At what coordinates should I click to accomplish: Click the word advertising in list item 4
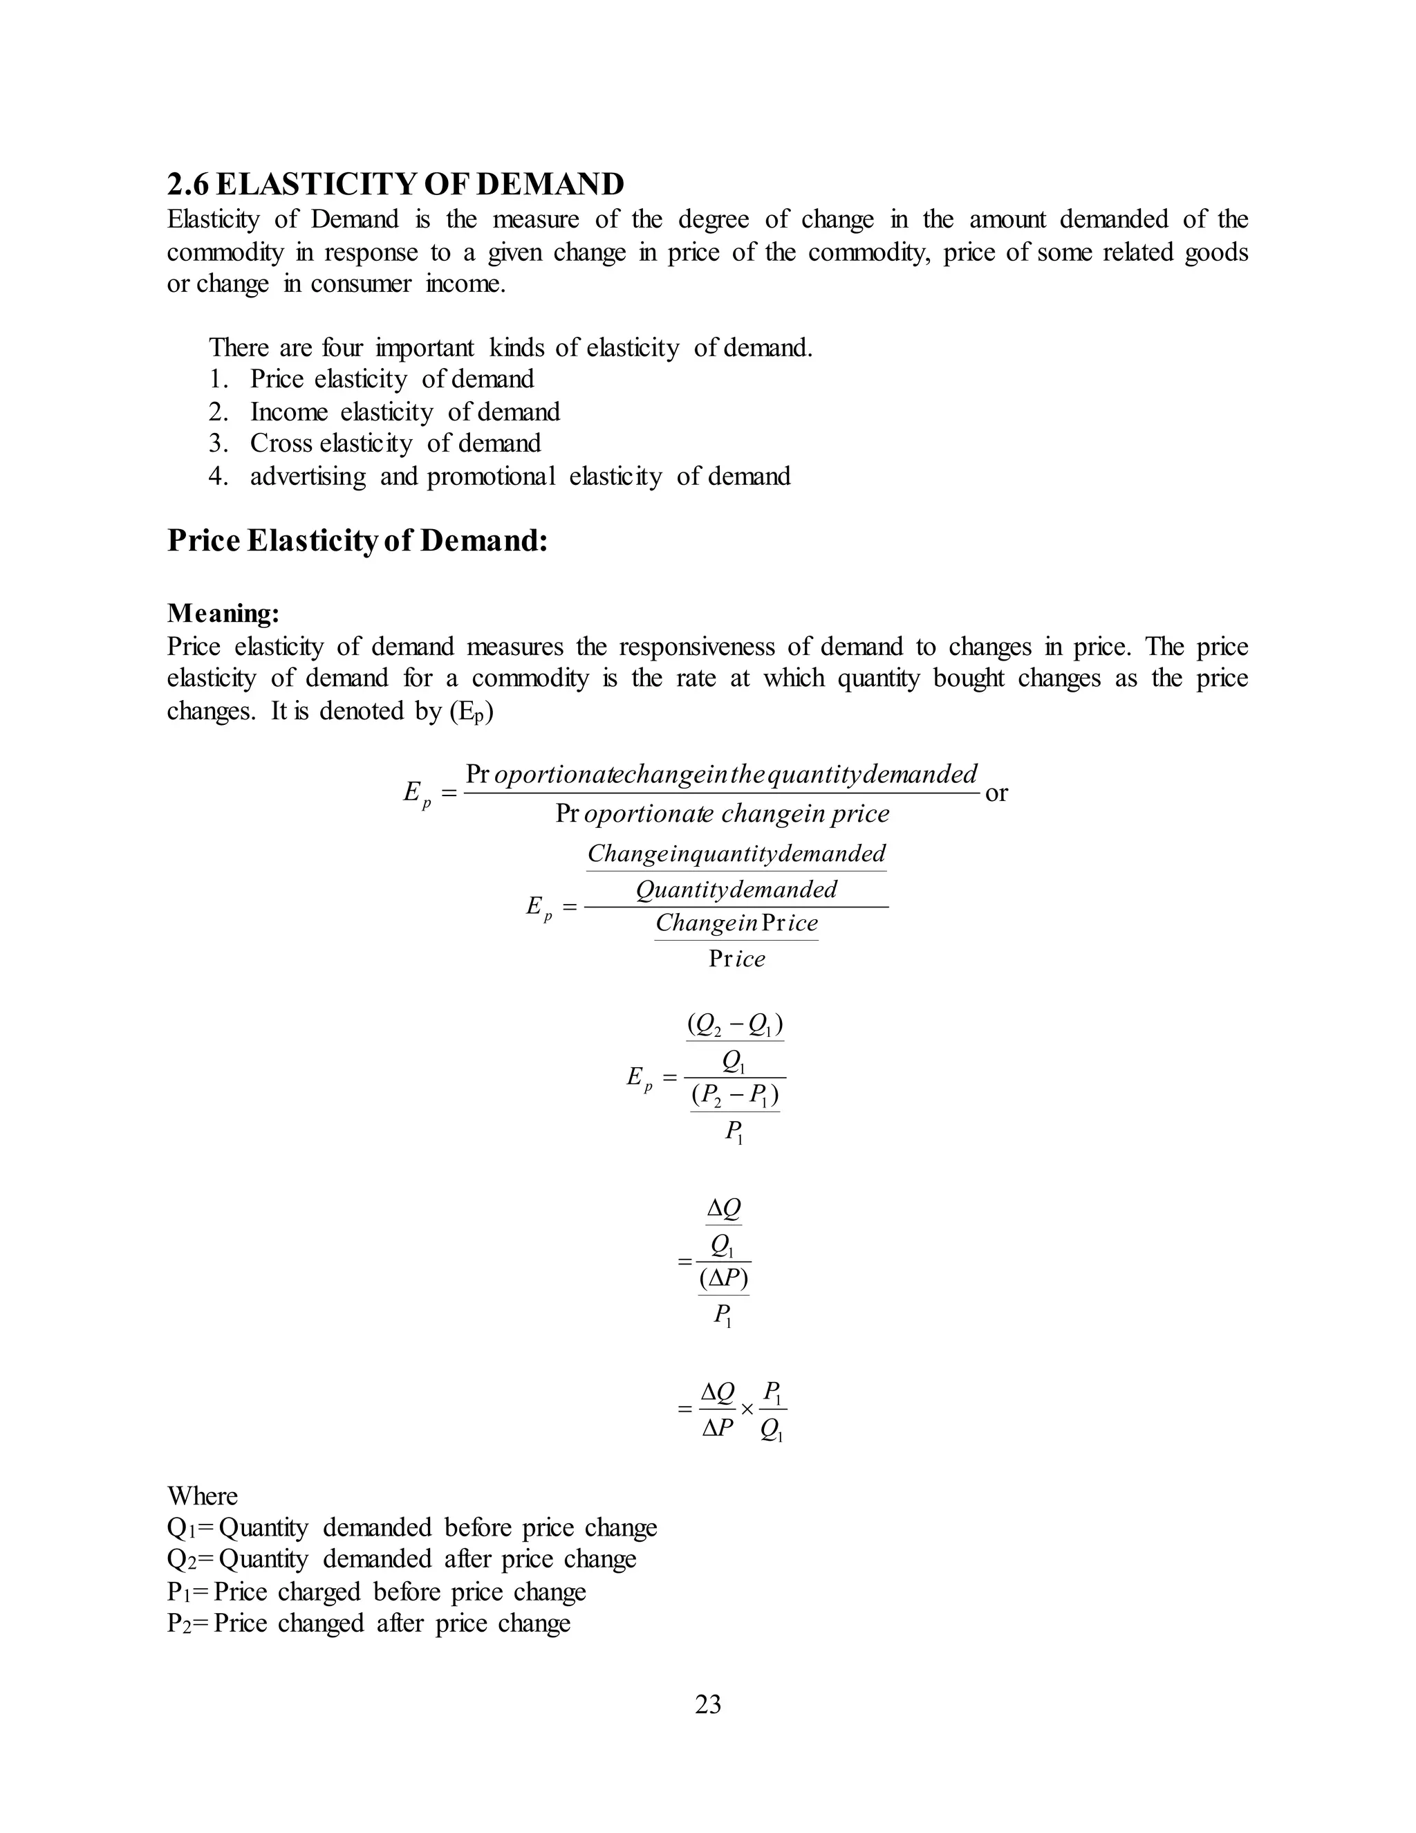tap(308, 477)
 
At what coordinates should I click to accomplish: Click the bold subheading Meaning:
tap(223, 614)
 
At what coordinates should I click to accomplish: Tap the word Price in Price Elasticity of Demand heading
tap(204, 540)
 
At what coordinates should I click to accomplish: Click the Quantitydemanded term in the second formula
tap(736, 889)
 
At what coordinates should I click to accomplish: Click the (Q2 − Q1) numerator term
tap(735, 1026)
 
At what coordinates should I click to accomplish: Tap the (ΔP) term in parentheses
tap(723, 1278)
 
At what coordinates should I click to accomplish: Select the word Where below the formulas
tap(202, 1496)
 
